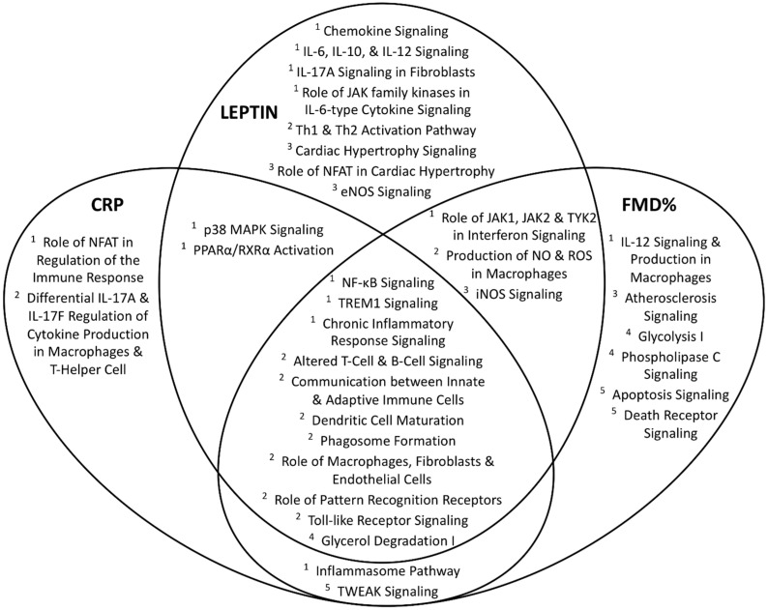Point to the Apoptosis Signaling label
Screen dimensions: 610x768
coord(663,394)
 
